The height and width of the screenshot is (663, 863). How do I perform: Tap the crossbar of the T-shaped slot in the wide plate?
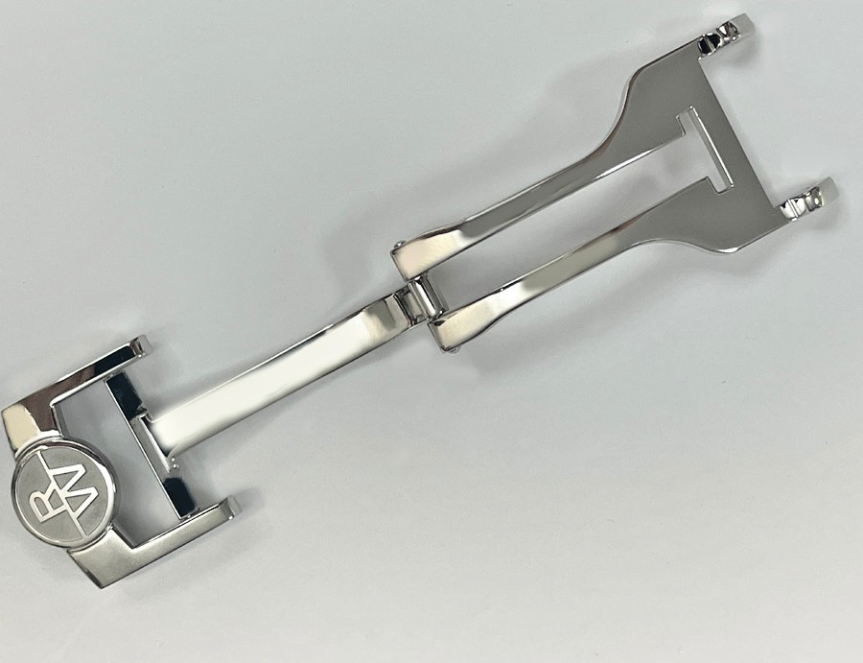(x=697, y=150)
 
